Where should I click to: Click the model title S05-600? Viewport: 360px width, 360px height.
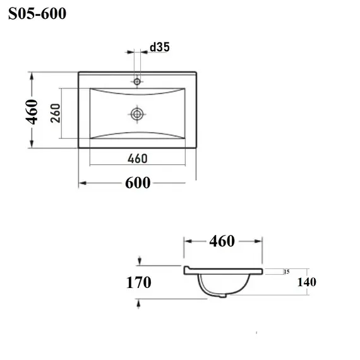pos(37,13)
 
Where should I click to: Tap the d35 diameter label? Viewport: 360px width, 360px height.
pos(160,47)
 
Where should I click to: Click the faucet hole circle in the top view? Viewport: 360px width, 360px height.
pos(137,81)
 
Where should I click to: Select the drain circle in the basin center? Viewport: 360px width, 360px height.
pos(137,114)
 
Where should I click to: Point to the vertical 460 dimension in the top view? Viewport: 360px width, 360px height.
pos(32,112)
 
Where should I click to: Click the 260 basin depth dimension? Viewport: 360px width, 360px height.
pos(56,113)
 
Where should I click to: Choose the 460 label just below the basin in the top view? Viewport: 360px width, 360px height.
pos(138,159)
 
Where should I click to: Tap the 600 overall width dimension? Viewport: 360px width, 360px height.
pos(138,183)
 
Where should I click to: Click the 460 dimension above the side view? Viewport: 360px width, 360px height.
pos(222,241)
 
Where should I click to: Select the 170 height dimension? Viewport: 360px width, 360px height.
pos(139,282)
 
